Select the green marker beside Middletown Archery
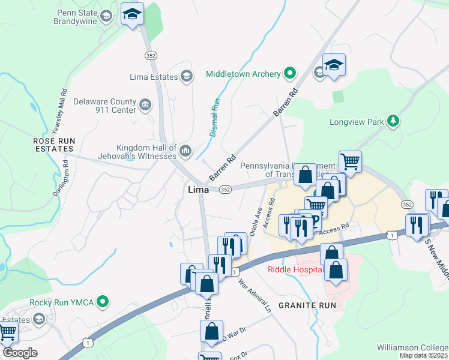click(290, 74)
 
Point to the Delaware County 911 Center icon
click(145, 106)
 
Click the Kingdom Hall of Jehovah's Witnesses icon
click(185, 149)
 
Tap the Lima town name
click(198, 190)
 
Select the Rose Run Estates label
click(54, 145)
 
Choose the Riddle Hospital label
click(295, 269)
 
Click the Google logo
click(20, 353)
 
